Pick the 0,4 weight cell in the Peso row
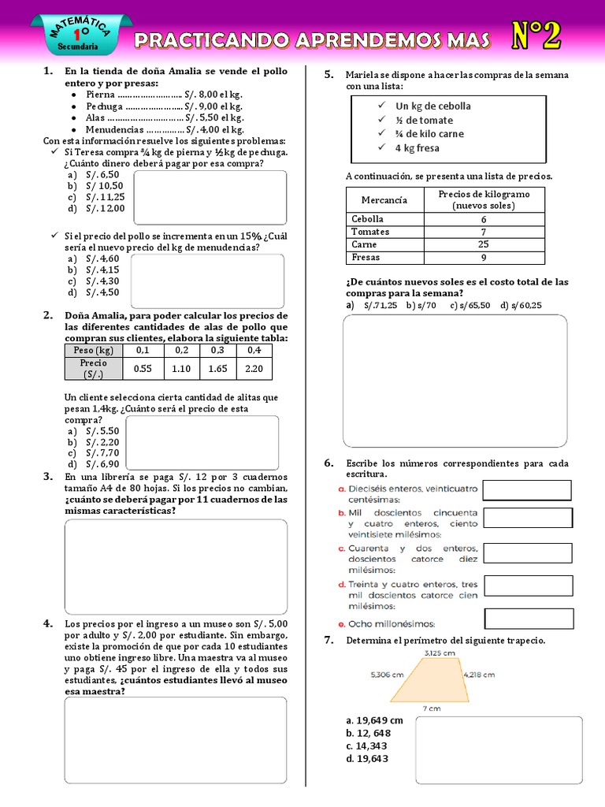pyautogui.click(x=254, y=350)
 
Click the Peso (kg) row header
pyautogui.click(x=93, y=350)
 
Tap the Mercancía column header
pyautogui.click(x=384, y=199)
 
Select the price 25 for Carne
pyautogui.click(x=483, y=244)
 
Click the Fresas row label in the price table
pyautogui.click(x=366, y=257)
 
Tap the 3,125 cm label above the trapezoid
pyautogui.click(x=439, y=653)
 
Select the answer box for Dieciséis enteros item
pyautogui.click(x=526, y=490)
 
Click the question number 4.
pyautogui.click(x=47, y=623)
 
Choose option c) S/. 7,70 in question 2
pyautogui.click(x=93, y=453)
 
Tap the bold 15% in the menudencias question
pyautogui.click(x=251, y=236)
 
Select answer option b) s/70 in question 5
pyautogui.click(x=421, y=305)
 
